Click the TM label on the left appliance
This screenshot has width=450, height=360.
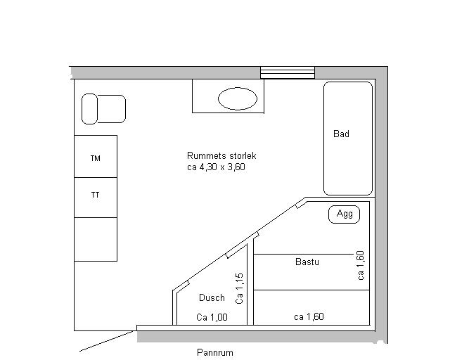pos(96,158)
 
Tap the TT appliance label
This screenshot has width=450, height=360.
pos(96,195)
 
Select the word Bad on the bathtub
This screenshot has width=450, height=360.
pos(341,134)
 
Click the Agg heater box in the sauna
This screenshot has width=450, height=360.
pos(344,214)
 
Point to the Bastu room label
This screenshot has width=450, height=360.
pos(307,262)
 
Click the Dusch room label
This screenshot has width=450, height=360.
pos(212,297)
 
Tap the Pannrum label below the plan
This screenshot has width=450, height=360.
pos(215,352)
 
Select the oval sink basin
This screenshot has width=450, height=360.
pos(238,98)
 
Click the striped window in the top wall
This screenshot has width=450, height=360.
pos(288,72)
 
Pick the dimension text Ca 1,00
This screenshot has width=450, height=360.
pos(212,317)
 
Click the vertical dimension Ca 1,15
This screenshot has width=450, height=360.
pos(239,288)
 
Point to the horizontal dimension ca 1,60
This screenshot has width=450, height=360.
pos(309,316)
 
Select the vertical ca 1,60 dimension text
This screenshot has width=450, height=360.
pos(361,266)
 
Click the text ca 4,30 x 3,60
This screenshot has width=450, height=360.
pos(216,167)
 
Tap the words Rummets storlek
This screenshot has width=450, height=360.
pos(221,156)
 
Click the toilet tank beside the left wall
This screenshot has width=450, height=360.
pos(89,109)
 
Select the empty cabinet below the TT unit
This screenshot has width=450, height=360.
pos(96,240)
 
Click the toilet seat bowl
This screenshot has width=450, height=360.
pos(111,109)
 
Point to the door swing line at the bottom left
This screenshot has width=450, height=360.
pos(107,341)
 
